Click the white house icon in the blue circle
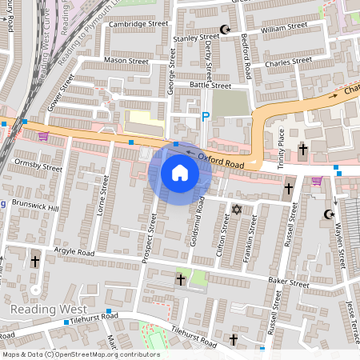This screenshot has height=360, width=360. (180, 173)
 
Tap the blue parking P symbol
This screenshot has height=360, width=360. (205, 117)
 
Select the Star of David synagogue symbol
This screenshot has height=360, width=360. (235, 210)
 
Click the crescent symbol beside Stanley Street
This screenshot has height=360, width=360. (225, 30)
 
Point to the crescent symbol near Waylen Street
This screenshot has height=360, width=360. (327, 214)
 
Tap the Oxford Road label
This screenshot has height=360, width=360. (220, 157)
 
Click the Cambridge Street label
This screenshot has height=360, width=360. (139, 24)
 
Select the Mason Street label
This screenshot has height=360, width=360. (126, 60)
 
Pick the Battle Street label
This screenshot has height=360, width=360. (210, 86)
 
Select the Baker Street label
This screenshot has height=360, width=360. (288, 283)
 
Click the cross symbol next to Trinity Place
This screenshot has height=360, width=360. (302, 150)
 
